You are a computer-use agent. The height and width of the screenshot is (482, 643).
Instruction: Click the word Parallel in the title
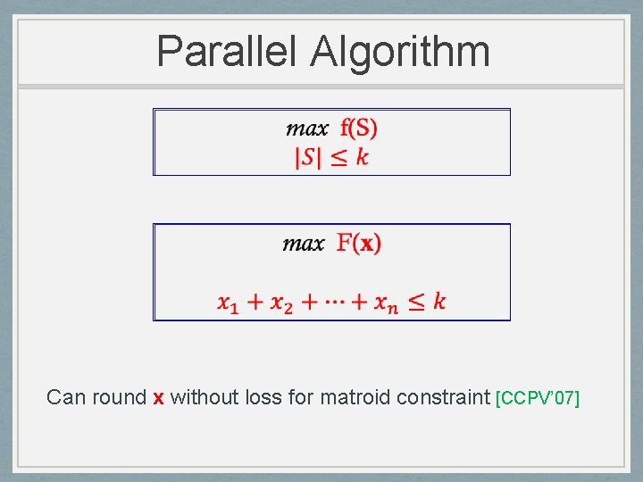point(227,51)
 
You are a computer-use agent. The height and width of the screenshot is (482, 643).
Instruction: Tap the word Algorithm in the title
point(400,51)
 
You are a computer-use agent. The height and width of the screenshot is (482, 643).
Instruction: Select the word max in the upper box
point(306,129)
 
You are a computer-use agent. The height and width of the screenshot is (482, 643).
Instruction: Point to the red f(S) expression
point(359,129)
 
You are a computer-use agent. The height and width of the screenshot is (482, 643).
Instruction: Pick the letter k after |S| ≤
point(362,157)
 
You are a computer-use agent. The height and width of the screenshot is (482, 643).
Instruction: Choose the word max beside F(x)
point(304,243)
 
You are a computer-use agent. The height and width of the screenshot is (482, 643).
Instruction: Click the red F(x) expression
point(359,243)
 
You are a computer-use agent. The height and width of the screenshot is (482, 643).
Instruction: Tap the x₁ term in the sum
point(229,303)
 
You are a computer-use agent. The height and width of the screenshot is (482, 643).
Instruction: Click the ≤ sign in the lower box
point(416,302)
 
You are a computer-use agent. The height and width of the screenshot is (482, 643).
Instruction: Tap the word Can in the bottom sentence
point(65,397)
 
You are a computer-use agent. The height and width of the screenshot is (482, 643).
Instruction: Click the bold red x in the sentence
point(158,398)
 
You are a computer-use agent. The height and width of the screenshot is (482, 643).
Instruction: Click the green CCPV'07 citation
point(538,398)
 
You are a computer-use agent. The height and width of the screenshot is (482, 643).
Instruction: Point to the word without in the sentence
point(204,397)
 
